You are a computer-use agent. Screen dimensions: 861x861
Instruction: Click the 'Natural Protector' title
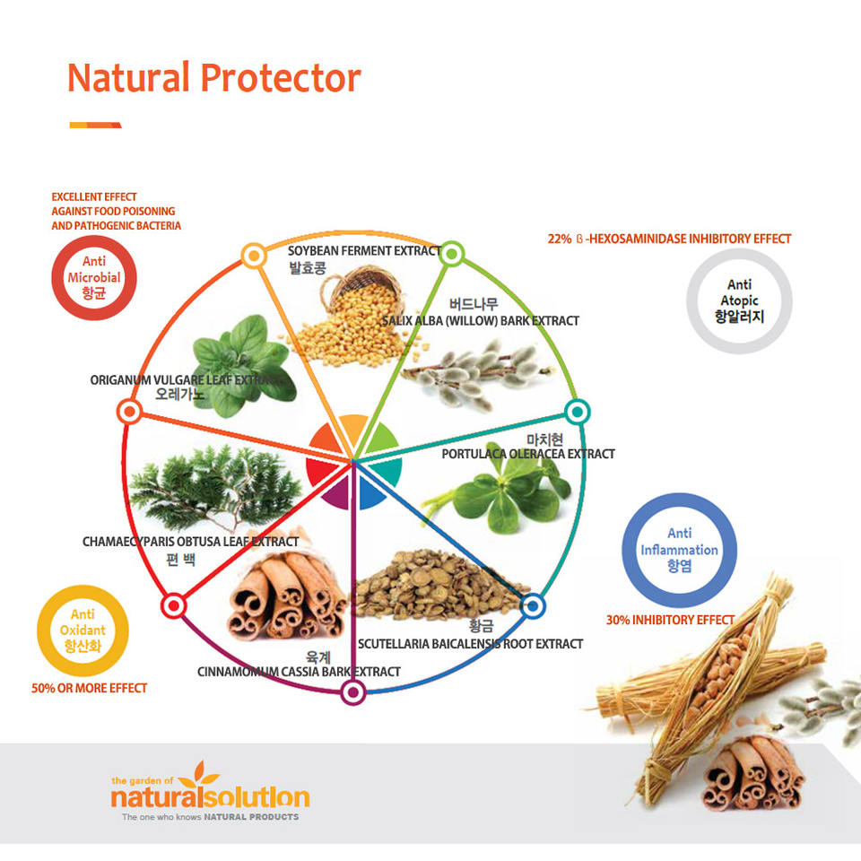click(213, 77)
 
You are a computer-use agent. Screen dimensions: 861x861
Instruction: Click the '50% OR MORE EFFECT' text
click(89, 688)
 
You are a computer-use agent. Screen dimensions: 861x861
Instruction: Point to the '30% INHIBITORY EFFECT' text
click(670, 620)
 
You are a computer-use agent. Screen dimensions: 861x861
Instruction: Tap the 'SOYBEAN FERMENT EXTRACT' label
click(364, 251)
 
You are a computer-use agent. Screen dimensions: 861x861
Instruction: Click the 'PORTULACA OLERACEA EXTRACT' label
click(528, 454)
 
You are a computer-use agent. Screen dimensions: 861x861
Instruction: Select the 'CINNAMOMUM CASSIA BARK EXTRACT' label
click(299, 672)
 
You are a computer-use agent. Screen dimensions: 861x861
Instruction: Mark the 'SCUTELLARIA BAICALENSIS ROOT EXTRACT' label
click(471, 644)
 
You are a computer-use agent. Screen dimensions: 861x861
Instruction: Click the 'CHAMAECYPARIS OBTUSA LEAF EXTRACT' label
click(190, 542)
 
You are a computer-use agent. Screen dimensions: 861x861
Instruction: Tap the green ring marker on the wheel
click(451, 254)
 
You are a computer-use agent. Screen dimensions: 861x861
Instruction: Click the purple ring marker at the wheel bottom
click(353, 692)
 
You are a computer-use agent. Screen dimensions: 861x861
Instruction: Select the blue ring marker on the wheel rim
click(532, 607)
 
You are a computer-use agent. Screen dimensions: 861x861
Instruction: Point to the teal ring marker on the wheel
click(577, 412)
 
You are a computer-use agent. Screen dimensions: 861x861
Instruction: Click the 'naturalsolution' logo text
click(210, 796)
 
